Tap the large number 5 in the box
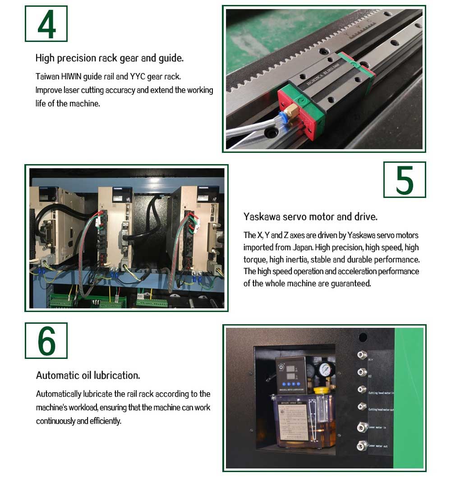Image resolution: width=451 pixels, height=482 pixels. pyautogui.click(x=405, y=180)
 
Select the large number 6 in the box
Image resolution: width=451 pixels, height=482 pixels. pyautogui.click(x=46, y=341)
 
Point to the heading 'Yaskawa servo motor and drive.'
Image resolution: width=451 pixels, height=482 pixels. pyautogui.click(x=310, y=216)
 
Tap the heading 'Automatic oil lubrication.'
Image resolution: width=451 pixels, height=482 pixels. pyautogui.click(x=88, y=375)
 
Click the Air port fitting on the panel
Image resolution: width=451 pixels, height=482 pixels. pyautogui.click(x=361, y=355)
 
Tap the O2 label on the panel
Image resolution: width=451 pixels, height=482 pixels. pyautogui.click(x=371, y=375)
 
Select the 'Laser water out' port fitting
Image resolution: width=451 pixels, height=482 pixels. pyautogui.click(x=361, y=446)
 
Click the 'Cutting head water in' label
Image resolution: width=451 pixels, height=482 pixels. pyautogui.click(x=381, y=392)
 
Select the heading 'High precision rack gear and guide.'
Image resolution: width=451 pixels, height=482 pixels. pyautogui.click(x=110, y=58)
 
